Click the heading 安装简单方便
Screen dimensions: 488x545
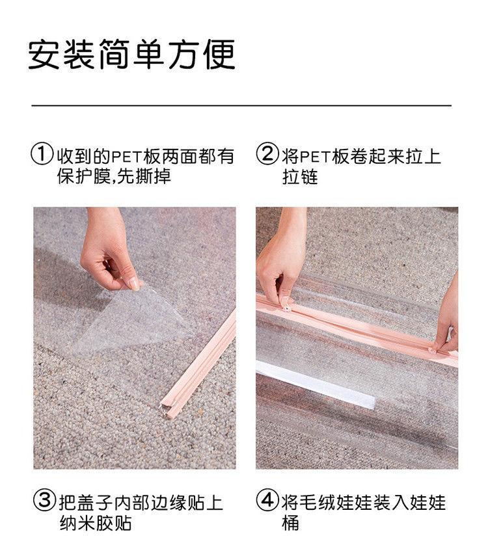pyautogui.click(x=131, y=55)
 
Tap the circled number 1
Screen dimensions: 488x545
pyautogui.click(x=42, y=154)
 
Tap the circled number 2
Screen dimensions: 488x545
pyautogui.click(x=267, y=153)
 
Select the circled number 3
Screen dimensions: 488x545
pyautogui.click(x=44, y=500)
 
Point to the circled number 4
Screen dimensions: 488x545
pyautogui.click(x=267, y=500)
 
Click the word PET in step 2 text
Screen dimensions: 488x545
pyautogui.click(x=315, y=156)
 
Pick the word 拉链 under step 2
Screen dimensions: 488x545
pyautogui.click(x=300, y=176)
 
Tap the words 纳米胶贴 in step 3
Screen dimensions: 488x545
pyautogui.click(x=95, y=523)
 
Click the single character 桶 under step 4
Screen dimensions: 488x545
pyautogui.click(x=290, y=523)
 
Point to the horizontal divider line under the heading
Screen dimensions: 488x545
pyautogui.click(x=241, y=105)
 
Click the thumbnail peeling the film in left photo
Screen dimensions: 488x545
pyautogui.click(x=133, y=284)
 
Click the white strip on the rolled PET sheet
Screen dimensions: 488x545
pyautogui.click(x=316, y=384)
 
